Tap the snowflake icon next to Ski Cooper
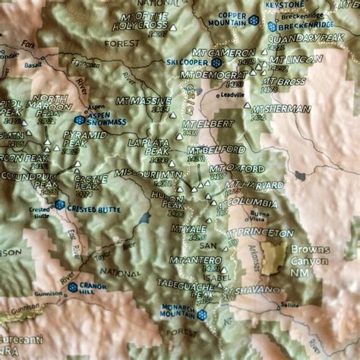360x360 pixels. point(216,62)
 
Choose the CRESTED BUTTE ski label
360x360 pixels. point(93,208)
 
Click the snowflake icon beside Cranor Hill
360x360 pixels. point(73,287)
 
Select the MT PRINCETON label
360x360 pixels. point(261,232)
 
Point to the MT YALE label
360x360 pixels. point(189,229)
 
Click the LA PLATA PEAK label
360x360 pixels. point(149,147)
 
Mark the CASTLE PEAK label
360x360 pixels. point(90,183)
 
